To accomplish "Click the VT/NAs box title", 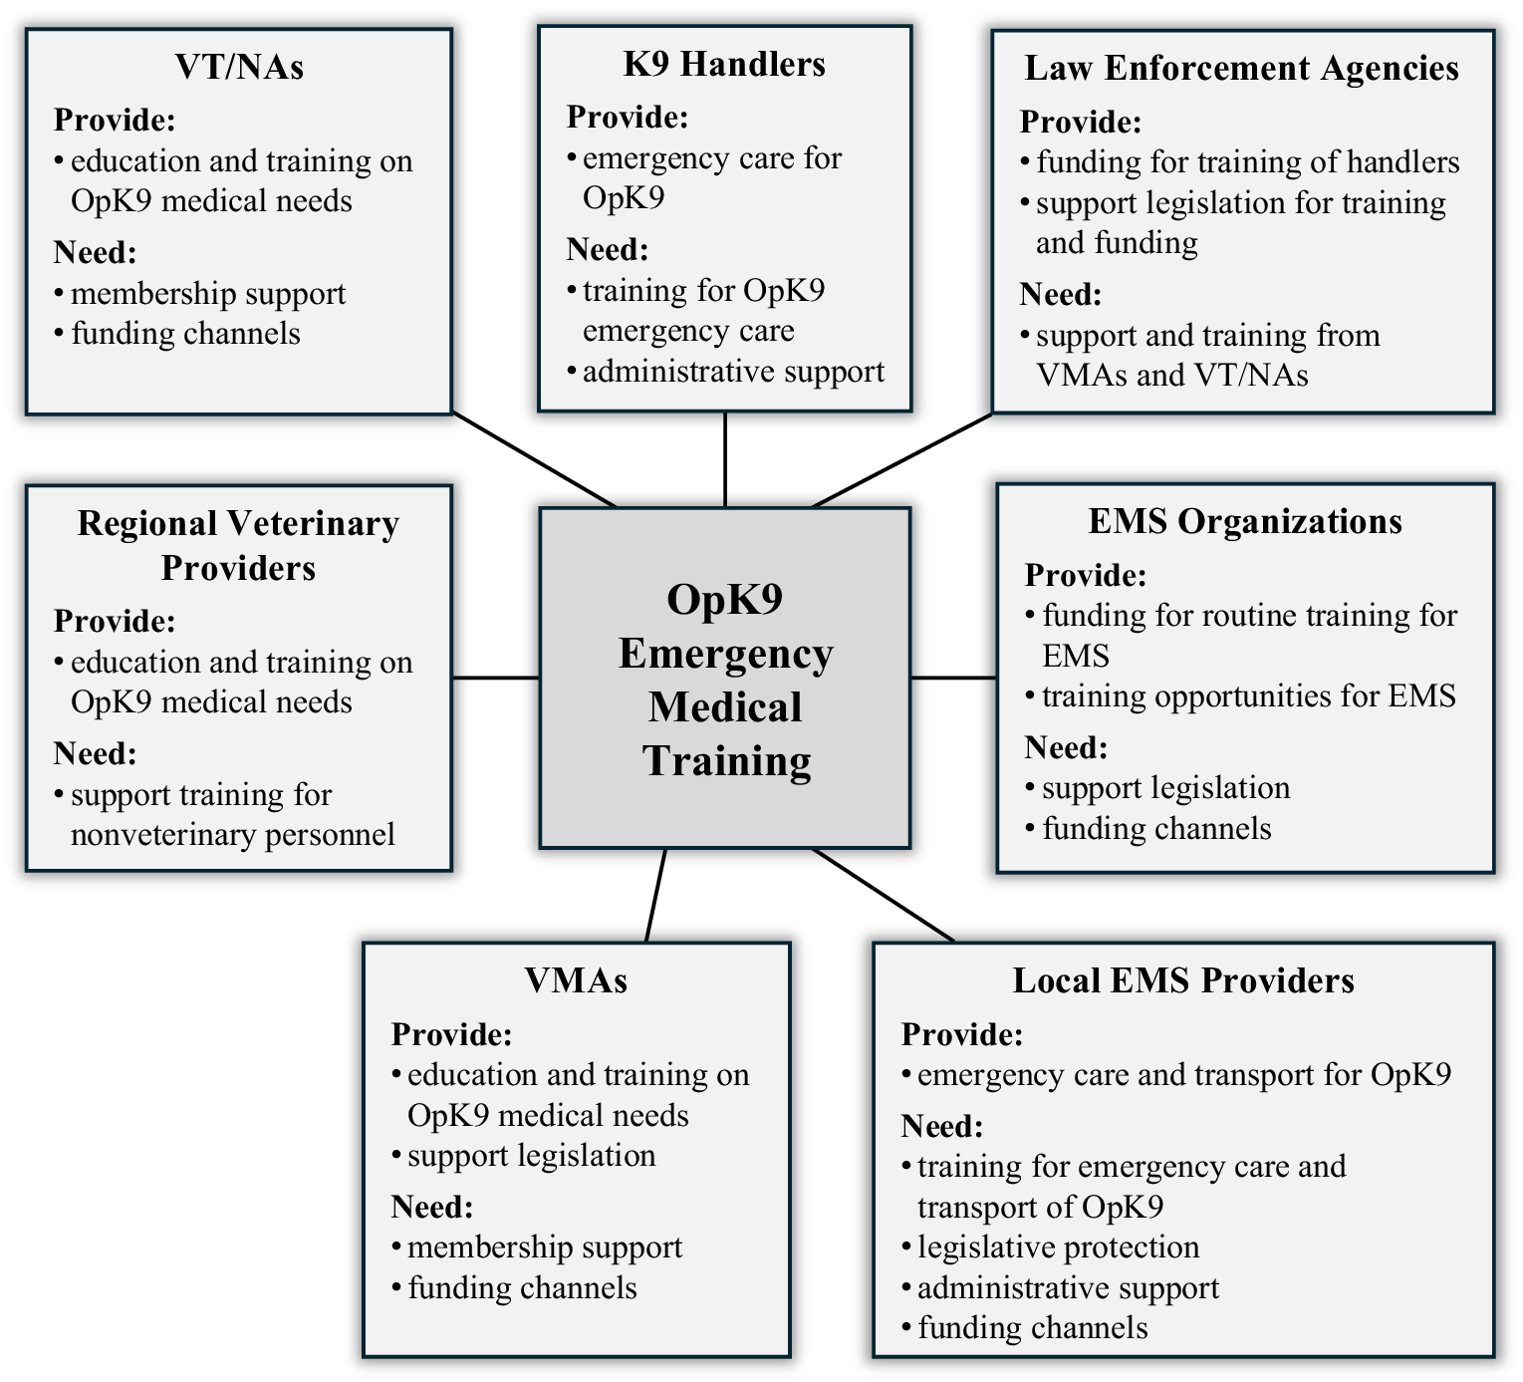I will point(239,67).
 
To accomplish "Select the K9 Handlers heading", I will point(724,64).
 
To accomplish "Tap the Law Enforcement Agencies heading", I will point(1241,68).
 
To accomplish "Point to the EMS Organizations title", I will point(1244,521).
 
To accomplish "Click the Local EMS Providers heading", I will point(1183,980).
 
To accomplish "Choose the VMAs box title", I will point(576,980).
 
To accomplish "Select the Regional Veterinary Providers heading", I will point(238,545).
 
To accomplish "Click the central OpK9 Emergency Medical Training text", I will point(725,680).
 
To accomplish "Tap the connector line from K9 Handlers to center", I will point(725,459).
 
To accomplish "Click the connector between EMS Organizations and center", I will point(953,678).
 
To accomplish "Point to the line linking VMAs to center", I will point(655,895).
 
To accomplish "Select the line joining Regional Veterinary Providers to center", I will point(495,678).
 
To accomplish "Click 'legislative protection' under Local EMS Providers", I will point(1058,1247).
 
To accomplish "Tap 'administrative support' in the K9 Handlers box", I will point(733,372).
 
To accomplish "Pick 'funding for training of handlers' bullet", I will point(1247,162).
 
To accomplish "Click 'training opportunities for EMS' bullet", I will point(1248,695).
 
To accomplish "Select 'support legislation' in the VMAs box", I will point(531,1156).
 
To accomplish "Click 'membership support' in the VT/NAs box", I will point(208,294).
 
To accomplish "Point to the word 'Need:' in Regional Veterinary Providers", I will point(95,753).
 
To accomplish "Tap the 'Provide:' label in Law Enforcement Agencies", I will point(1081,123).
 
